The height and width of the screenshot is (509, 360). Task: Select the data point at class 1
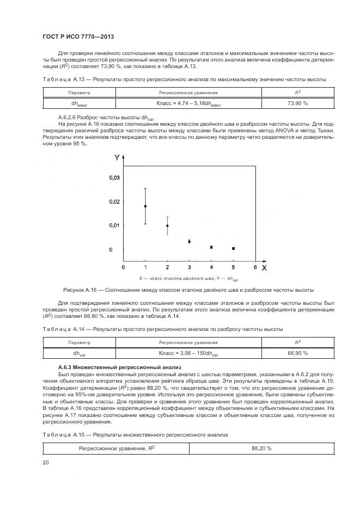pos(145,206)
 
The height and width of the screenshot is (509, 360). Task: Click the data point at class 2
pos(167,225)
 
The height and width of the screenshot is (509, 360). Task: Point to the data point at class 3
pos(189,241)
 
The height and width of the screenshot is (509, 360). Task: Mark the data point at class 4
pos(211,247)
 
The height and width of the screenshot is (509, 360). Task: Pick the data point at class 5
pos(233,248)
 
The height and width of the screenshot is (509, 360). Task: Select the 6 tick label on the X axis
pos(255,268)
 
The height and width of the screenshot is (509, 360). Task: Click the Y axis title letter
pos(117,158)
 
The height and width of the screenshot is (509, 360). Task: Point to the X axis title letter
pos(264,268)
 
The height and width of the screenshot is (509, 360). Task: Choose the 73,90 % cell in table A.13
pos(297,103)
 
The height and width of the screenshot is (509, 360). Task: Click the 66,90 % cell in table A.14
pos(297,353)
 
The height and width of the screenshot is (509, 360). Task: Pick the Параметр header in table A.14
pos(79,342)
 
